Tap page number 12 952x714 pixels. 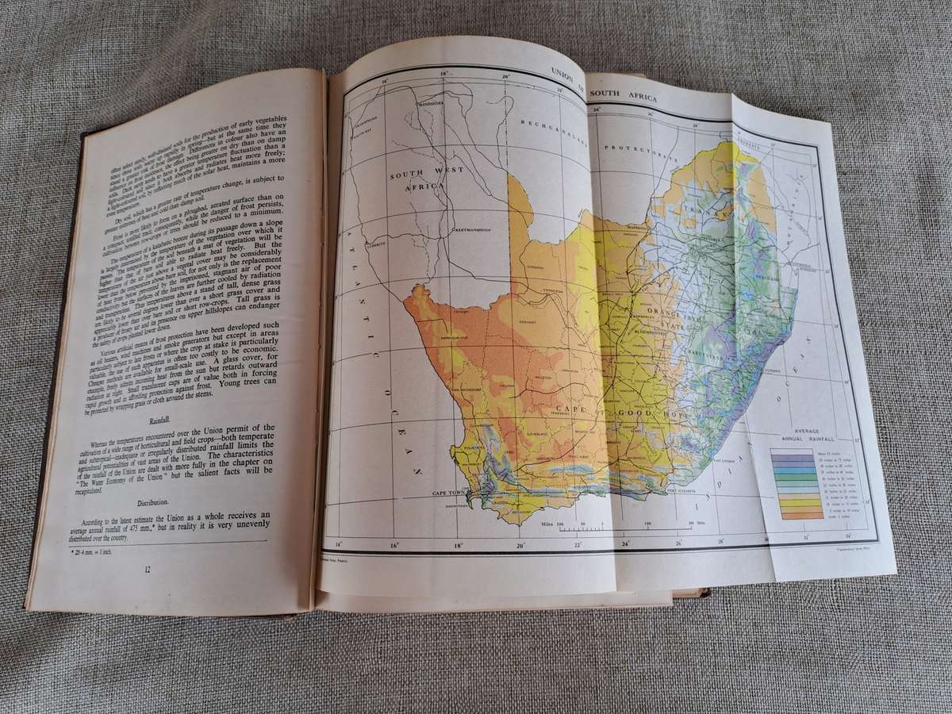coord(146,568)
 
